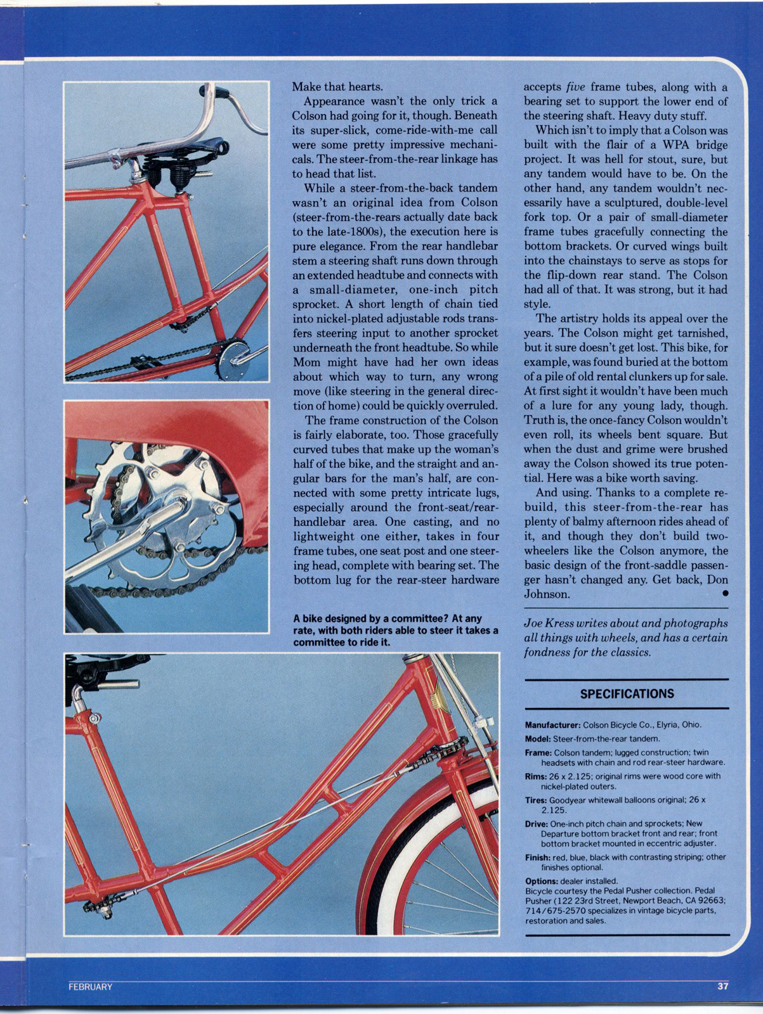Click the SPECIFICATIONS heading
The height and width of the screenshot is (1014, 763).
[x=627, y=694]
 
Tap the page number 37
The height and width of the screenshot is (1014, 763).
[x=722, y=986]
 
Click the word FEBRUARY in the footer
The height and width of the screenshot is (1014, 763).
[x=91, y=987]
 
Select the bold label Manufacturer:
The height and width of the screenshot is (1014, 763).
[x=552, y=725]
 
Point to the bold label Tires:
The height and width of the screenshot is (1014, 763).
[x=536, y=800]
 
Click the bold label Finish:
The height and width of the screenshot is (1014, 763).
[x=538, y=857]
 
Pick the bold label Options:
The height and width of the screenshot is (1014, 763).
[x=541, y=881]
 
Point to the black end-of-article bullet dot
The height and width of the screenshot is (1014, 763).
[x=724, y=594]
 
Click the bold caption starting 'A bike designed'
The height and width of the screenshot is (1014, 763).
[x=395, y=630]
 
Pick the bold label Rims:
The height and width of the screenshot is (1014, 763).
[x=535, y=776]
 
